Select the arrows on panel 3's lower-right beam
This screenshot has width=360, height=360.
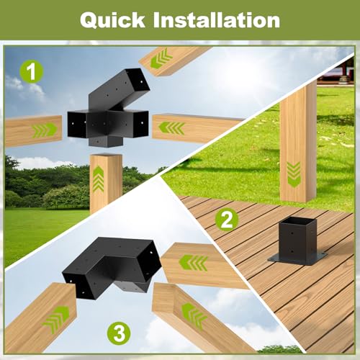tap(192, 315)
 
